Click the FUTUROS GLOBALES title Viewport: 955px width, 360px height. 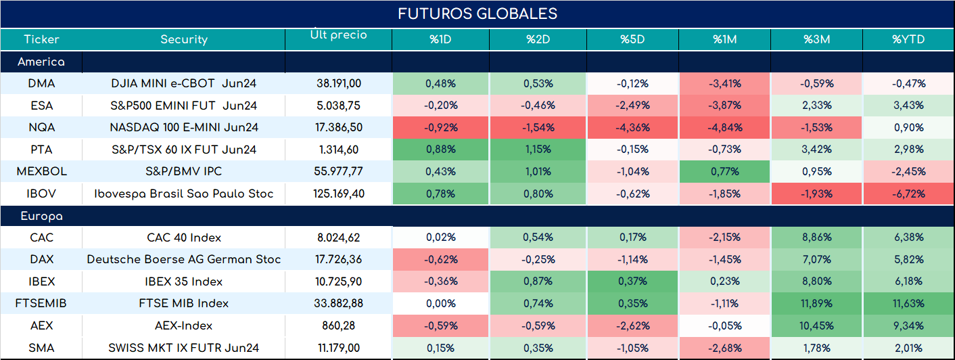[477, 14]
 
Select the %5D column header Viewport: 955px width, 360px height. [632, 39]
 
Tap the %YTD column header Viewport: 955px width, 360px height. [908, 39]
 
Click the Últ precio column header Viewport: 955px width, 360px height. [339, 34]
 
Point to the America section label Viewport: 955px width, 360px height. [41, 62]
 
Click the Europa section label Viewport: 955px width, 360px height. [42, 217]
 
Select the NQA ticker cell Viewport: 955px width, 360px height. [42, 127]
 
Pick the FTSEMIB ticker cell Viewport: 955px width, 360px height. [41, 303]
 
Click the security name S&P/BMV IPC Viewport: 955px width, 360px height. [184, 171]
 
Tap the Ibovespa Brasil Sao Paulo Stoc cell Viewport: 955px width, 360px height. [184, 194]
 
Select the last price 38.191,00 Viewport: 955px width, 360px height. [339, 83]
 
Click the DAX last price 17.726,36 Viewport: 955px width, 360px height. [339, 259]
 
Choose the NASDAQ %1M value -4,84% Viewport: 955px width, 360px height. [725, 127]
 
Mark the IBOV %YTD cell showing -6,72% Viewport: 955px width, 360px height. [908, 194]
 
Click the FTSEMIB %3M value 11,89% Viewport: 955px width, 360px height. [816, 303]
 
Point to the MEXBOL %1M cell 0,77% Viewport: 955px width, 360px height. [725, 171]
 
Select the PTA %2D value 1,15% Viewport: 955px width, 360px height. [538, 150]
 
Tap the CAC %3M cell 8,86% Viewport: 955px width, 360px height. [816, 237]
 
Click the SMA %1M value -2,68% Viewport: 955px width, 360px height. [725, 348]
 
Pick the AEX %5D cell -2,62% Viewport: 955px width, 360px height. [632, 326]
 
